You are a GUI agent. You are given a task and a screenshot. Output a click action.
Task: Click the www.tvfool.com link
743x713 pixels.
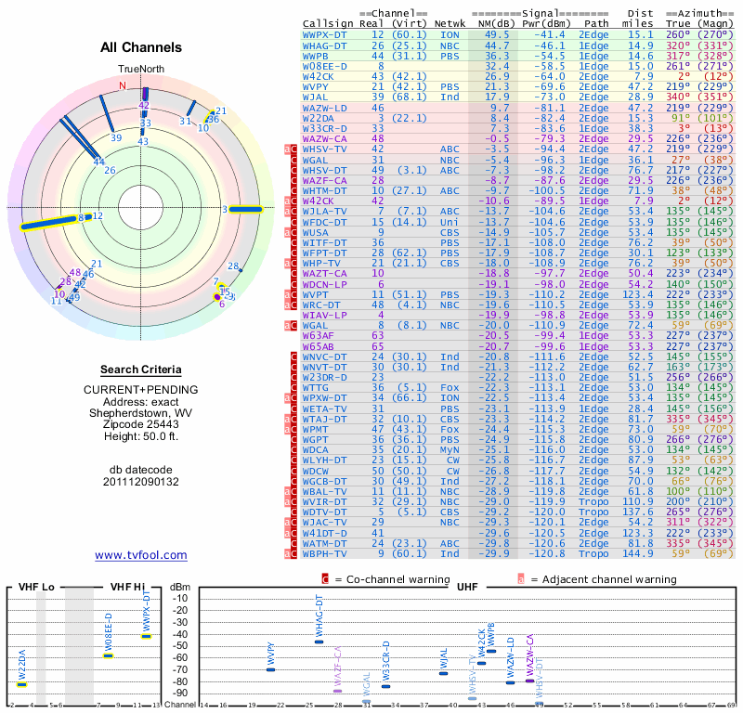tap(141, 555)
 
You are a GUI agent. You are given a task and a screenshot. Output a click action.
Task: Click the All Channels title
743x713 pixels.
tap(141, 47)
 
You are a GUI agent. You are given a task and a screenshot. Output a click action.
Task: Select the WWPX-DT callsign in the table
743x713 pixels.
tap(326, 33)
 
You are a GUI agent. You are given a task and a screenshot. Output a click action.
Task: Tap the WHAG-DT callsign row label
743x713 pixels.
tap(326, 45)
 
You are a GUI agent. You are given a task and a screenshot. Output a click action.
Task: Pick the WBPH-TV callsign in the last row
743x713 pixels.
tap(326, 553)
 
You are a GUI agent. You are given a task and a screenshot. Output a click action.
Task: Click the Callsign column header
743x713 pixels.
tap(328, 22)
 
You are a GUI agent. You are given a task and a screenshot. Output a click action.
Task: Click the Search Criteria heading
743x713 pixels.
tap(141, 369)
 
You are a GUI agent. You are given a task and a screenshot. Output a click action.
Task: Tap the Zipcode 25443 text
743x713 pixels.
tap(141, 424)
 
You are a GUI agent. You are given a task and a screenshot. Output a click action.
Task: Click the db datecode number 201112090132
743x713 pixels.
tap(141, 482)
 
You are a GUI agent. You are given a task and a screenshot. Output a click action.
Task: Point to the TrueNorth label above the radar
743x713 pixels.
tap(141, 70)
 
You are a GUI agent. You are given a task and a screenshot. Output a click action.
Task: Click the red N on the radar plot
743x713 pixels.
tap(122, 85)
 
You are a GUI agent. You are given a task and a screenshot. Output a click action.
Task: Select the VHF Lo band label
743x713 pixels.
tap(36, 588)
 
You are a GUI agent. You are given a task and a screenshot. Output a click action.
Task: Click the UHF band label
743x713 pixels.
tap(467, 588)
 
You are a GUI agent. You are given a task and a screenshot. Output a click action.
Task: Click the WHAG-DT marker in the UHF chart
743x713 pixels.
tap(319, 642)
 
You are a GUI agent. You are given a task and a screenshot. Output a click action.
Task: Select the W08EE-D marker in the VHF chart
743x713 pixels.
tap(109, 655)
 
